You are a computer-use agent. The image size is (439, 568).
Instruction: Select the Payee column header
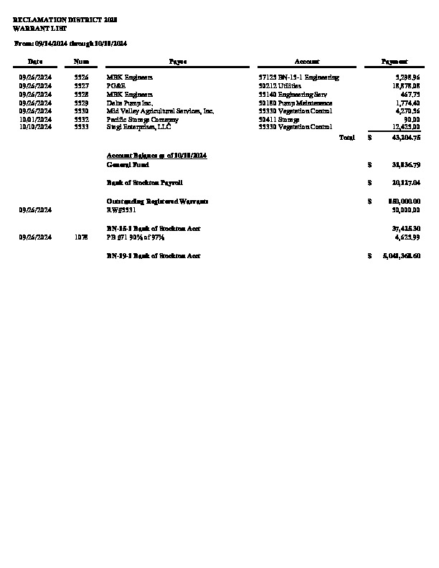pyautogui.click(x=178, y=62)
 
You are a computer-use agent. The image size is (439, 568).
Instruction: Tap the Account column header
pyautogui.click(x=307, y=62)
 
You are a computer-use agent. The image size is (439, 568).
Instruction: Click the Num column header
pyautogui.click(x=81, y=62)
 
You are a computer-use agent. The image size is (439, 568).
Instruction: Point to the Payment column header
pyautogui.click(x=395, y=62)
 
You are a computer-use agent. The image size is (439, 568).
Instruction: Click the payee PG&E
pyautogui.click(x=115, y=85)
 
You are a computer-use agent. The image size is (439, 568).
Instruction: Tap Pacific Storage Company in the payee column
pyautogui.click(x=142, y=120)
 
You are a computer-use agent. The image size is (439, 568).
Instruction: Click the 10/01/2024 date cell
pyautogui.click(x=36, y=120)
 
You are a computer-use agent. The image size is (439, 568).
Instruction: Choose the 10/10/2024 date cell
pyautogui.click(x=36, y=126)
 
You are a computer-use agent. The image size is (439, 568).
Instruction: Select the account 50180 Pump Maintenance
pyautogui.click(x=295, y=103)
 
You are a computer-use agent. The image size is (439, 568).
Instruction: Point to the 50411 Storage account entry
pyautogui.click(x=279, y=120)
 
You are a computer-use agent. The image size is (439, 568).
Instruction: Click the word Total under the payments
pyautogui.click(x=347, y=137)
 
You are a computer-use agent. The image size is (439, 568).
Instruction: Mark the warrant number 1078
pyautogui.click(x=81, y=237)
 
